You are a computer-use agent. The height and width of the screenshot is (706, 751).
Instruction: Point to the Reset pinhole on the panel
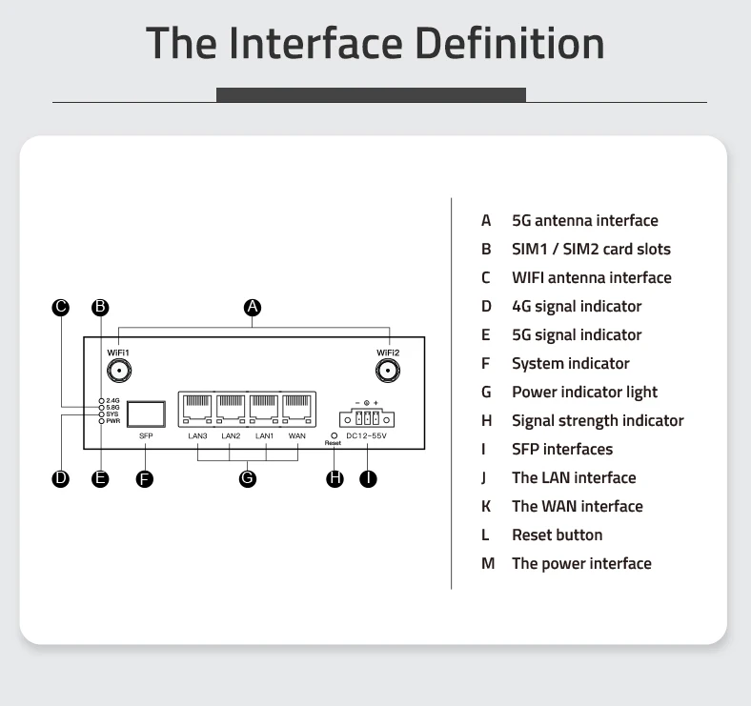pyautogui.click(x=333, y=434)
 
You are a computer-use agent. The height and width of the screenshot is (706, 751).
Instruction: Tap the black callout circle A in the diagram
pyautogui.click(x=253, y=307)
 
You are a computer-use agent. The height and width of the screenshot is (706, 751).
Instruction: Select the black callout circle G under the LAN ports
pyautogui.click(x=248, y=478)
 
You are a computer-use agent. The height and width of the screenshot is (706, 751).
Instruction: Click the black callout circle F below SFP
pyautogui.click(x=145, y=478)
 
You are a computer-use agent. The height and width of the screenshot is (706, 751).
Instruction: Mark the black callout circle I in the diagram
pyautogui.click(x=368, y=478)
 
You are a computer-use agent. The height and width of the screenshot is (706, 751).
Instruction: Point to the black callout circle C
pyautogui.click(x=61, y=307)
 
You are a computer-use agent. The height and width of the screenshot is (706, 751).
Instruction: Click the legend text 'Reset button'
pyautogui.click(x=557, y=535)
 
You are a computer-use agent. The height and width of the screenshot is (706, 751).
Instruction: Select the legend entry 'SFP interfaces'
pyautogui.click(x=562, y=449)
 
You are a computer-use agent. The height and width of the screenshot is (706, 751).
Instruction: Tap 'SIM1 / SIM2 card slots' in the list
pyautogui.click(x=591, y=249)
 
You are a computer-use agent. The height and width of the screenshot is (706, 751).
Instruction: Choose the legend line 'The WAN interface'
pyautogui.click(x=577, y=506)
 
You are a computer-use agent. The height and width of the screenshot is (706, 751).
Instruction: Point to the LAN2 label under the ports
pyautogui.click(x=231, y=436)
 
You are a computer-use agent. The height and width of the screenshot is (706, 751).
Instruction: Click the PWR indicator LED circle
pyautogui.click(x=101, y=421)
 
